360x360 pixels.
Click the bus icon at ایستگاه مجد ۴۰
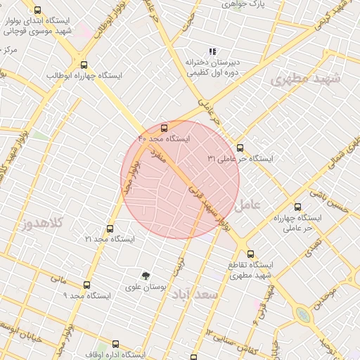[x=164, y=129]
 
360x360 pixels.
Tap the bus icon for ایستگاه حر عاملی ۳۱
[x=240, y=148]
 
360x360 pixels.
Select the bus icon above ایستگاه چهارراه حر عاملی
[x=297, y=207]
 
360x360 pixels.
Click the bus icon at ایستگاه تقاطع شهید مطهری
[x=251, y=255]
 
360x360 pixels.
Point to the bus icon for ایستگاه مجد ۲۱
[x=109, y=229]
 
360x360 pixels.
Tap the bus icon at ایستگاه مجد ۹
[x=86, y=285]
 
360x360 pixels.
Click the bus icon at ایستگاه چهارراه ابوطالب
[x=84, y=64]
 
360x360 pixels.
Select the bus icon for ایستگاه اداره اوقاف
[x=115, y=345]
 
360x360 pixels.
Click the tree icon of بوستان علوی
[x=146, y=276]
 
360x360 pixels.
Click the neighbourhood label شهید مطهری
[x=304, y=79]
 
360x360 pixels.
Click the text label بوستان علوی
[x=145, y=288]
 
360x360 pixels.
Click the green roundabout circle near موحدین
[x=304, y=314]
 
